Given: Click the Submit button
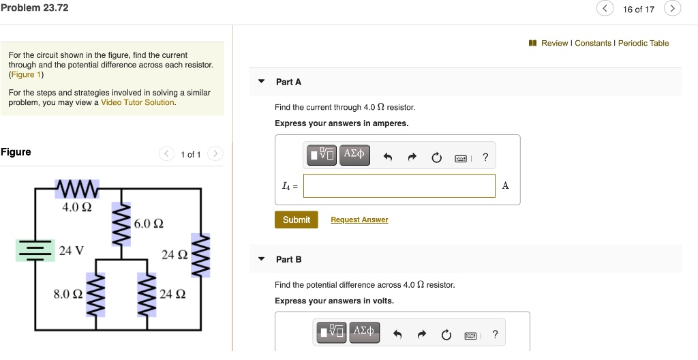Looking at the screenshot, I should point(296,220).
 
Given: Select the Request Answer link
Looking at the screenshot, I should point(359,220).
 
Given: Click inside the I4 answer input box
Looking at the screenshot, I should point(399,185).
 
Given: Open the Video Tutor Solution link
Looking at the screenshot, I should point(138,102).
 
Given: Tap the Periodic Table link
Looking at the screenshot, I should point(643,43).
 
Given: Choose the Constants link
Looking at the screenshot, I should point(593,43).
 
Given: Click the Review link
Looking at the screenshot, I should point(554,43).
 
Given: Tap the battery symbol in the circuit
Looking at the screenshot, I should point(35,250).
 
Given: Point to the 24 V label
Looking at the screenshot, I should point(72,250).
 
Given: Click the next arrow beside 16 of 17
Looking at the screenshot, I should point(673,9).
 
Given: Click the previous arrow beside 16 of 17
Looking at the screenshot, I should point(605,9).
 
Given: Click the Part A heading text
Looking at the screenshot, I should point(288,82).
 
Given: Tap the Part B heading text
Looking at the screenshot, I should point(288,259).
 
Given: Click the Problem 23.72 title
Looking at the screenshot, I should point(35,7).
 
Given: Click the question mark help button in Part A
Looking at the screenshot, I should point(485,157).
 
